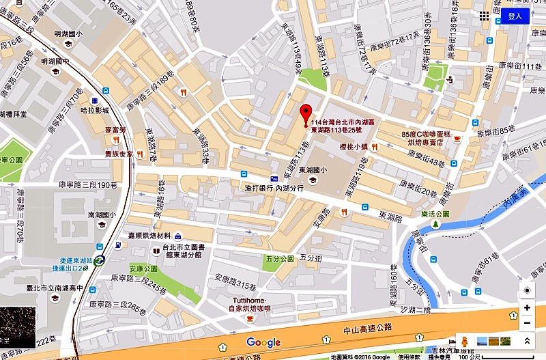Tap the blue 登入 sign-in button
[x=515, y=16]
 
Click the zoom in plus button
[x=527, y=308]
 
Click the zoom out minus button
[x=527, y=323]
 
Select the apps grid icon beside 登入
[x=484, y=16]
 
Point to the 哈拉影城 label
[x=94, y=109]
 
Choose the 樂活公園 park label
[x=435, y=214]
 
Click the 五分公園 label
[x=280, y=259]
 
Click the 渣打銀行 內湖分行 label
[x=274, y=187]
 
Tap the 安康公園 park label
[x=144, y=268]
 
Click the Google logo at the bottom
[x=263, y=342]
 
